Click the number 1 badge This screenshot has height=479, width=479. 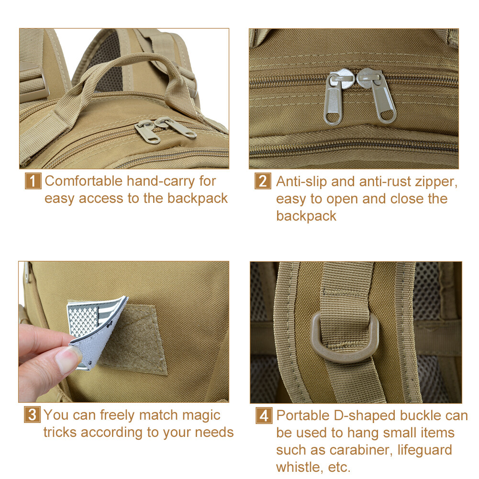[x=33, y=181]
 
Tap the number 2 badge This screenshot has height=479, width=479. [x=263, y=181]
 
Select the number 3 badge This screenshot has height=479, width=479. [x=32, y=415]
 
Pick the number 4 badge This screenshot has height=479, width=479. [x=264, y=415]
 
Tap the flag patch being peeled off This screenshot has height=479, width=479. [x=92, y=330]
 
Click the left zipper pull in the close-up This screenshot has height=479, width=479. [x=335, y=97]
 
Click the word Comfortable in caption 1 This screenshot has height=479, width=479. [x=83, y=181]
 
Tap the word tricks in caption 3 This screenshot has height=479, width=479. [x=60, y=432]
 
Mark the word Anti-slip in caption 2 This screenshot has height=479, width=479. [x=301, y=182]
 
